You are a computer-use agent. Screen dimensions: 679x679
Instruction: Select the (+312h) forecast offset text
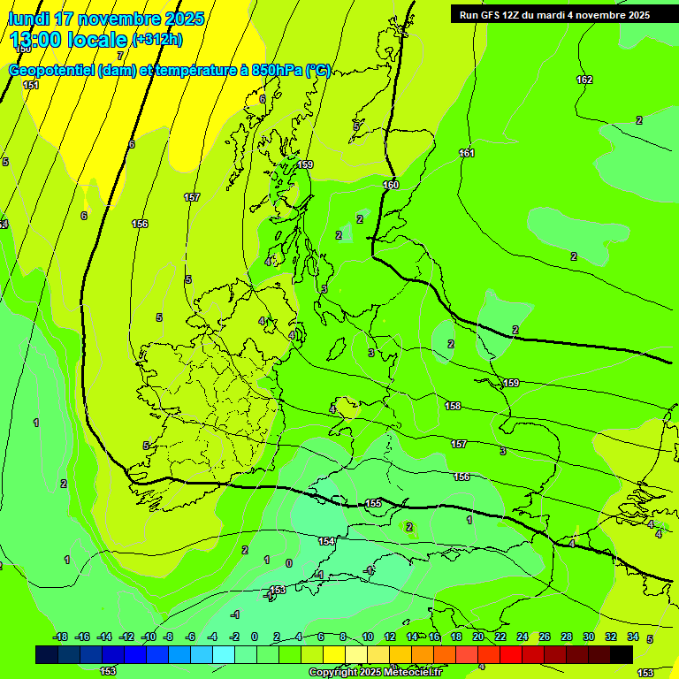coord(156,40)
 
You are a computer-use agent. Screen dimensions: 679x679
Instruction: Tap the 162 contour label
coord(584,80)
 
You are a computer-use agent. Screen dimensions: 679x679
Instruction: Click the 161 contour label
coord(467,154)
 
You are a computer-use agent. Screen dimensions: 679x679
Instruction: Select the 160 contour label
coord(391,185)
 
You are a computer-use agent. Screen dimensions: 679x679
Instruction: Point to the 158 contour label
coord(453,406)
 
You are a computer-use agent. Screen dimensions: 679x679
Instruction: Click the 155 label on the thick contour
coord(373,503)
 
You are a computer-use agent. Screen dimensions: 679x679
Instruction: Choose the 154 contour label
coord(326,541)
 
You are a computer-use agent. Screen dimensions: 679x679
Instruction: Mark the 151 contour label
coord(31,85)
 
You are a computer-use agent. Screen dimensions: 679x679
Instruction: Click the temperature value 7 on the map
coord(120,56)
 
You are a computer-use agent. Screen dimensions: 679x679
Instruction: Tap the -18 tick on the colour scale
coord(60,637)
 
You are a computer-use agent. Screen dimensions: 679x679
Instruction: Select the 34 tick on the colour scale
coord(633,637)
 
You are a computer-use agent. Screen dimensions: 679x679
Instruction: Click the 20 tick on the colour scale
coord(478,637)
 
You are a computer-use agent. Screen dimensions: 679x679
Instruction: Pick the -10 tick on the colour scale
coord(147,637)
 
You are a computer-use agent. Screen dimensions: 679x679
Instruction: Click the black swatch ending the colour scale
coord(622,655)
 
